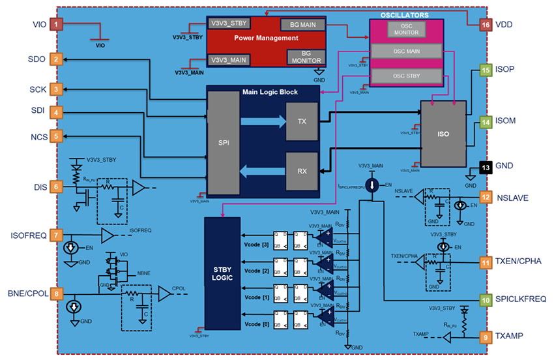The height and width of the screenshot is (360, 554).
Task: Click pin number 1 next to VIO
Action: (x=57, y=25)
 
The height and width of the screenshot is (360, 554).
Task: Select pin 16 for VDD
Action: (x=485, y=25)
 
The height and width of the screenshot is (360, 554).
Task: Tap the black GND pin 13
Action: (x=485, y=167)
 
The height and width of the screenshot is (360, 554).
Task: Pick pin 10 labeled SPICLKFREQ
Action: (x=485, y=300)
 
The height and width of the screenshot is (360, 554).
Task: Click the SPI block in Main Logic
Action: (x=224, y=142)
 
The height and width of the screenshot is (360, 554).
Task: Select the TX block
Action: (x=302, y=121)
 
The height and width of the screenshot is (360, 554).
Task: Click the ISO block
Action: (x=443, y=134)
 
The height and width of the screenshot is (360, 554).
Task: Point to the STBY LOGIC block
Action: (x=222, y=271)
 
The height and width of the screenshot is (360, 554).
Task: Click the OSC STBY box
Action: (x=405, y=77)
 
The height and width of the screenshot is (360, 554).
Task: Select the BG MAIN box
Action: (x=299, y=24)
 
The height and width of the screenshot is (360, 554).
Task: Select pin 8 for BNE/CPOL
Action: (x=57, y=294)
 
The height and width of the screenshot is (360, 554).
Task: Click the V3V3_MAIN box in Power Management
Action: (x=229, y=59)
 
